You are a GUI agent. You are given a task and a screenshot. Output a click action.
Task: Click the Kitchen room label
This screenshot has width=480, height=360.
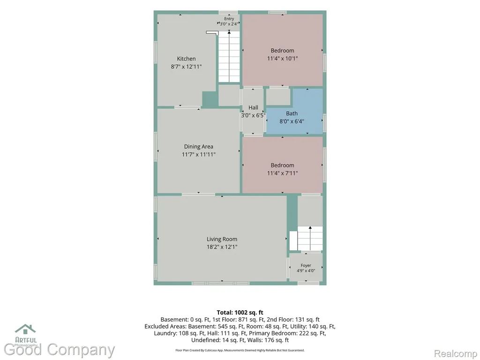click(x=186, y=59)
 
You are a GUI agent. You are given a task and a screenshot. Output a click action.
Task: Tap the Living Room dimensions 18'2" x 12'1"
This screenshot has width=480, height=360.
click(x=222, y=247)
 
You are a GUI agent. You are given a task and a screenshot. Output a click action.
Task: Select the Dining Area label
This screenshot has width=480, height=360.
click(x=199, y=147)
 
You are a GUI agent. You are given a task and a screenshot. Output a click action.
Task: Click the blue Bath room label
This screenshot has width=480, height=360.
click(x=292, y=113)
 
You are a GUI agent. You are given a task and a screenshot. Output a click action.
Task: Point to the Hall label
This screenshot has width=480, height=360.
click(x=253, y=107)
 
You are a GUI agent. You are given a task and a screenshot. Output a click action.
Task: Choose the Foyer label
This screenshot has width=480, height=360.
click(x=306, y=265)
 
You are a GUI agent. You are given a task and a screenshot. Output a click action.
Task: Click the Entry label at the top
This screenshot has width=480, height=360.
click(x=229, y=19)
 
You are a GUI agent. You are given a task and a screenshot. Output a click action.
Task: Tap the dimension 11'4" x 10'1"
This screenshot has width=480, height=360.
click(x=283, y=59)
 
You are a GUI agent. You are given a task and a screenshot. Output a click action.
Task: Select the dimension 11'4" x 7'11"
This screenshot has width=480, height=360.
click(x=283, y=173)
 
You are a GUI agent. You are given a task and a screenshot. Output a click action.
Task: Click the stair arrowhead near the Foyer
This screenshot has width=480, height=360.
click(x=310, y=228)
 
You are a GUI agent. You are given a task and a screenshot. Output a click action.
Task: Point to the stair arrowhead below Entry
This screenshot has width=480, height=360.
click(x=229, y=32)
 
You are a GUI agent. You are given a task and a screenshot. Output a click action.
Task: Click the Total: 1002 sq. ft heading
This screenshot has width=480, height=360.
click(x=240, y=313)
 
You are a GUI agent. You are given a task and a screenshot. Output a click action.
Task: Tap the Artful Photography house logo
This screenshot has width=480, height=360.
click(x=25, y=329)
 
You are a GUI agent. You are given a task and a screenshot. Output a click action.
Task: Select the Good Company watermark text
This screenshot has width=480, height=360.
click(x=60, y=350)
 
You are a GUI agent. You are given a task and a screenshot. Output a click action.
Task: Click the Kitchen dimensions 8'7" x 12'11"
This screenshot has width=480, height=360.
click(x=187, y=67)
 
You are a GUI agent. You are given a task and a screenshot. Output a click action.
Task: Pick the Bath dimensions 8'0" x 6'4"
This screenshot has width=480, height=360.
click(x=292, y=121)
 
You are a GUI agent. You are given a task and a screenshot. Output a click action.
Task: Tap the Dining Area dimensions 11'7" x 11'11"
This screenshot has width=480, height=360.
click(x=199, y=155)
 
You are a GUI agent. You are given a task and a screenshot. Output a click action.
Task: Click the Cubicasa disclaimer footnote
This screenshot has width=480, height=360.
click(x=240, y=350)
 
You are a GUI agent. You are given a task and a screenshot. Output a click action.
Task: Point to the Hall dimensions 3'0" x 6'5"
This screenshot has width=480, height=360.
click(x=253, y=115)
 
